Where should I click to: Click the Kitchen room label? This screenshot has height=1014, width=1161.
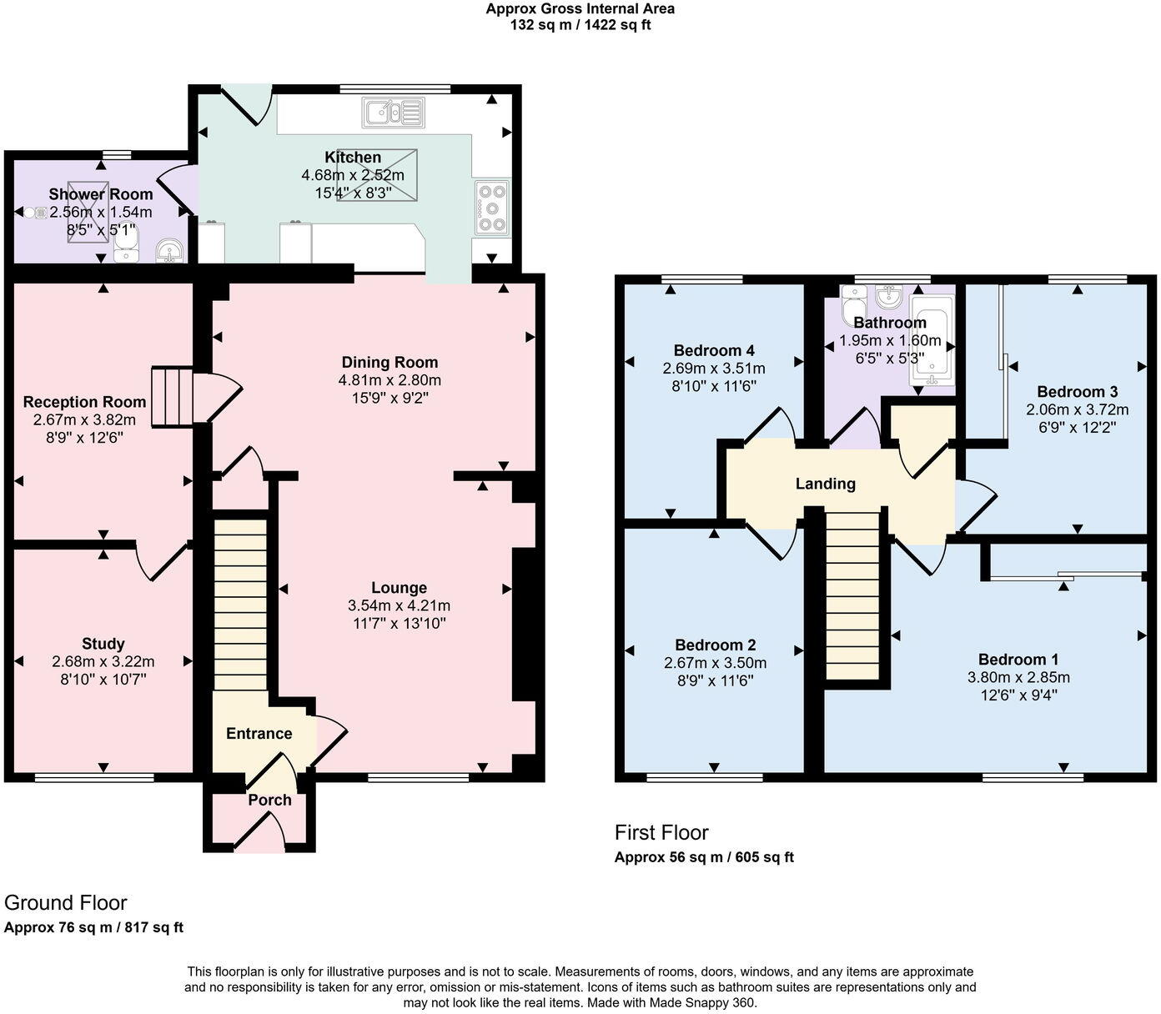pyautogui.click(x=353, y=158)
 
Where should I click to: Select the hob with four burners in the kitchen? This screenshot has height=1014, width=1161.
pyautogui.click(x=492, y=208)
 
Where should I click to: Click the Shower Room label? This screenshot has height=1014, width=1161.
pyautogui.click(x=101, y=194)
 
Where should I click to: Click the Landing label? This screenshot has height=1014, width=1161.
pyautogui.click(x=825, y=484)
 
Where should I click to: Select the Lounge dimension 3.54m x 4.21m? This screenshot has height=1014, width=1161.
pyautogui.click(x=399, y=605)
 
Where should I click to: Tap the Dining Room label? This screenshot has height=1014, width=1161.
pyautogui.click(x=390, y=362)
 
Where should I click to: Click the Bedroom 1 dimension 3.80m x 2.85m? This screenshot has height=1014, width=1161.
pyautogui.click(x=1018, y=677)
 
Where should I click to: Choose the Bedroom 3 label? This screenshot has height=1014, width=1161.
pyautogui.click(x=1077, y=391)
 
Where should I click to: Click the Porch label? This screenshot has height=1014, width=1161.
pyautogui.click(x=269, y=800)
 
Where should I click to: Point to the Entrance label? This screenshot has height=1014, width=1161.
pyautogui.click(x=259, y=733)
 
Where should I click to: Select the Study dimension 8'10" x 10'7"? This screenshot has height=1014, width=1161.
pyautogui.click(x=103, y=679)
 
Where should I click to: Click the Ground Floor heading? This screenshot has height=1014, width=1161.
pyautogui.click(x=66, y=902)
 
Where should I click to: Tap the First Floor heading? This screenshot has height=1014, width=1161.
pyautogui.click(x=661, y=832)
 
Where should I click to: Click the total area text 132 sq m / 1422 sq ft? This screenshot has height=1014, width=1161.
pyautogui.click(x=580, y=25)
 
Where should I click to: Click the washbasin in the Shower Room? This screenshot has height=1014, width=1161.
pyautogui.click(x=170, y=249)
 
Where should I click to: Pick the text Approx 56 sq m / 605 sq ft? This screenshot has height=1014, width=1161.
pyautogui.click(x=704, y=857)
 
